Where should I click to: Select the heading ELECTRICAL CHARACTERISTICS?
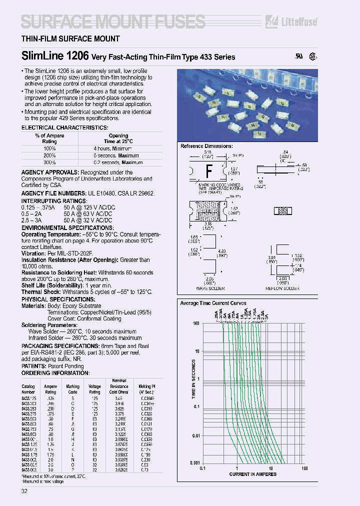64,128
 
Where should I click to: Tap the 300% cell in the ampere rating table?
49,162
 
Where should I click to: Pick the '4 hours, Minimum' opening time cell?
112,149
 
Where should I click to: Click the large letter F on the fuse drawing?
209,172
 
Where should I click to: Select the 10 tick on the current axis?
270,468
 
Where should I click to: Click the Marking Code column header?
72,389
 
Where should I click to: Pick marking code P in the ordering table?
72,470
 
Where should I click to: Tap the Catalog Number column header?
28,389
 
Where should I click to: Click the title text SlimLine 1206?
55,56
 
